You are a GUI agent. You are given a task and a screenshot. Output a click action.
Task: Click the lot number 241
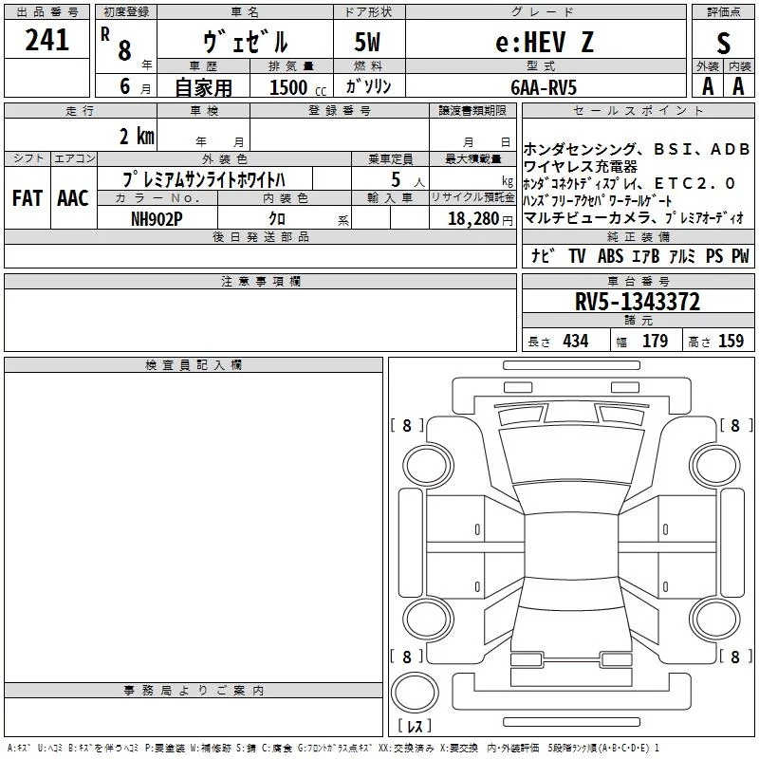pos(46,40)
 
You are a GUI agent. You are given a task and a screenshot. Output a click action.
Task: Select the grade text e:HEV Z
pos(545,42)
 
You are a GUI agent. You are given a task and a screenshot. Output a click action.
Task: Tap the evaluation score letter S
pos(723,43)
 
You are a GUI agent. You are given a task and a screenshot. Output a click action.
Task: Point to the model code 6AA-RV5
pos(544,87)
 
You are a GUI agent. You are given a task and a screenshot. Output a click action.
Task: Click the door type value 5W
pos(367,42)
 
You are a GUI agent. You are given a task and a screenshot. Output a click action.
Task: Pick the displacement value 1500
pos(288,87)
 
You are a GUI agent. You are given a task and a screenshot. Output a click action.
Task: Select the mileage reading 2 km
pos(137,136)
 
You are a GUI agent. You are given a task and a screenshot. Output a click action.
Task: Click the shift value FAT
pos(28,198)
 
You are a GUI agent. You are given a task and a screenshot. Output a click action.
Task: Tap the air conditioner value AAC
pos(73,198)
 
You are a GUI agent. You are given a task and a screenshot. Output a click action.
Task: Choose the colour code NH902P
pos(157,219)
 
